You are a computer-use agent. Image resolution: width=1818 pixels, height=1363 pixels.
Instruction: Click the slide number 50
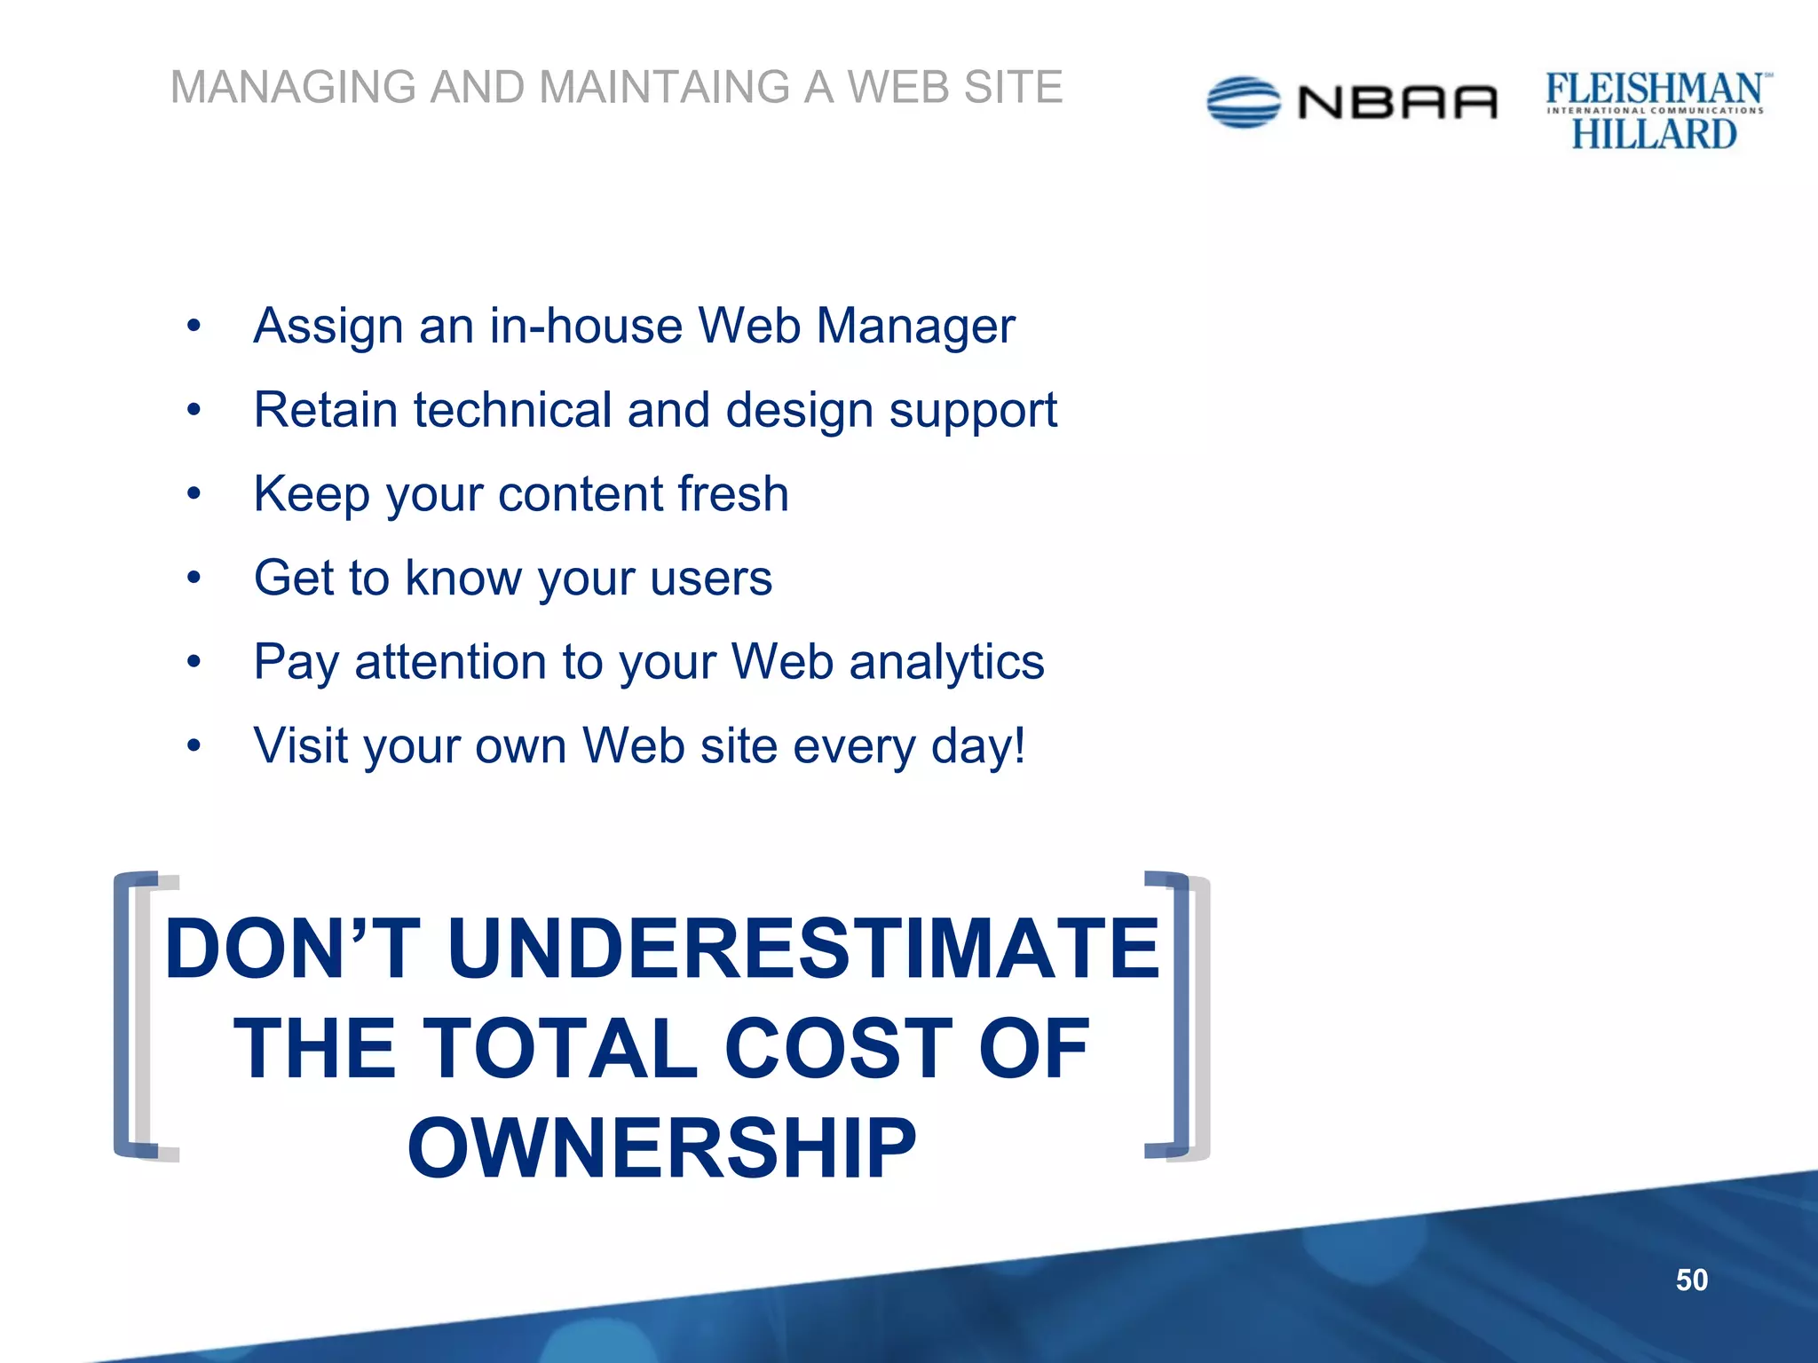coord(1691,1280)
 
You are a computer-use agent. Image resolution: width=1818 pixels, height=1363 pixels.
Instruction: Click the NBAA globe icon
coord(1243,103)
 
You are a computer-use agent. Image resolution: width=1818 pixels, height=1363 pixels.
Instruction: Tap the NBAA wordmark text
coord(1397,103)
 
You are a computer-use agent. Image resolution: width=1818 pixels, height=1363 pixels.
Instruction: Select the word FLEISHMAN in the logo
coord(1655,89)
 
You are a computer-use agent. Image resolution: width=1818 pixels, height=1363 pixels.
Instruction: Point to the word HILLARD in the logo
coord(1654,134)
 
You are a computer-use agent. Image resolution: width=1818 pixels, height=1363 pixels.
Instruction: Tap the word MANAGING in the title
coord(293,87)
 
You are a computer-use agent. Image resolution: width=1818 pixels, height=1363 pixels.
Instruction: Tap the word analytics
coord(946,662)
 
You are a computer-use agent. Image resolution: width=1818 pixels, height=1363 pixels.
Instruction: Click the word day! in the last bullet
coord(978,746)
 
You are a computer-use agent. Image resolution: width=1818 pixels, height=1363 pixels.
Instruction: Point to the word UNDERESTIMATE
coord(803,949)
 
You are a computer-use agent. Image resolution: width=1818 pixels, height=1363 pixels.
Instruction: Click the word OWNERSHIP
coord(661,1148)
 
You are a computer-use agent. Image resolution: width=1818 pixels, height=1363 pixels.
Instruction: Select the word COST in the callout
coord(839,1049)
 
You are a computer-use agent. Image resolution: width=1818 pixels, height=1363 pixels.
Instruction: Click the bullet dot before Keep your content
coord(194,493)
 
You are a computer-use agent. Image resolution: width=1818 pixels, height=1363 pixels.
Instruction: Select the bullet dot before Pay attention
coord(194,662)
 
